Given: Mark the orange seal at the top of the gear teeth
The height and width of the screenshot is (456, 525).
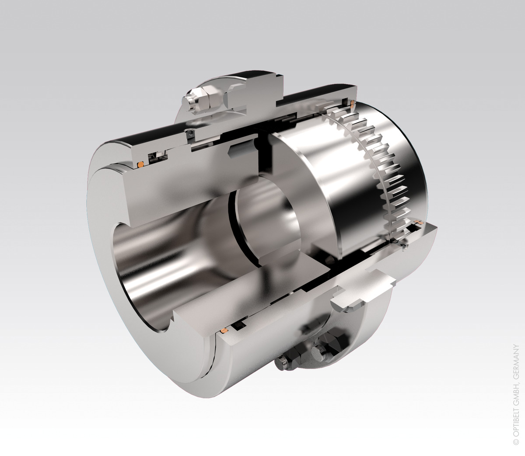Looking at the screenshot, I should pyautogui.click(x=353, y=103).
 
